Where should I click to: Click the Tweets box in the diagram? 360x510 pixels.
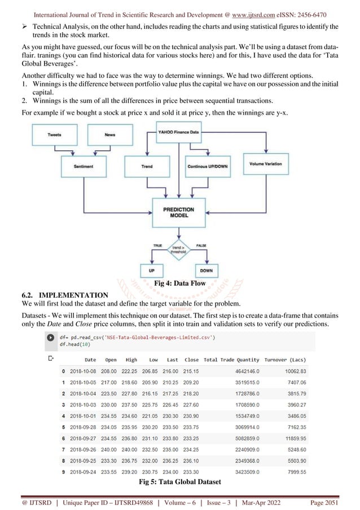(x=55, y=135)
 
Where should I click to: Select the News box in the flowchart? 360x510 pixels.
(x=110, y=135)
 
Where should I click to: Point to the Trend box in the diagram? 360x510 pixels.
(x=147, y=167)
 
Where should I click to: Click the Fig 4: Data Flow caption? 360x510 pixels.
(x=179, y=283)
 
